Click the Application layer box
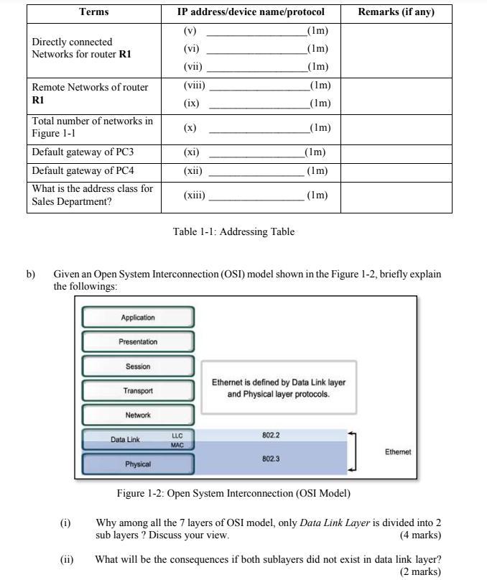pos(138,317)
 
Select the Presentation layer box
pos(138,341)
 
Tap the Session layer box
pos(138,366)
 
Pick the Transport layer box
pos(138,390)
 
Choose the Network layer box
pos(138,415)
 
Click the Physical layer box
pos(138,464)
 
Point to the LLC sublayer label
pos(177,436)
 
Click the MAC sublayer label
pos(177,445)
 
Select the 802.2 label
pos(271,435)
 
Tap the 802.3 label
pos(271,458)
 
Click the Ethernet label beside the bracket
pos(398,452)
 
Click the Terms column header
pos(94,12)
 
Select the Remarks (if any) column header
pos(396,12)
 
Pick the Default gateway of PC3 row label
pos(83,152)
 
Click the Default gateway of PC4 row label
pos(83,170)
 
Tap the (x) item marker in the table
pos(190,128)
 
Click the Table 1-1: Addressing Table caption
pos(233,231)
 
